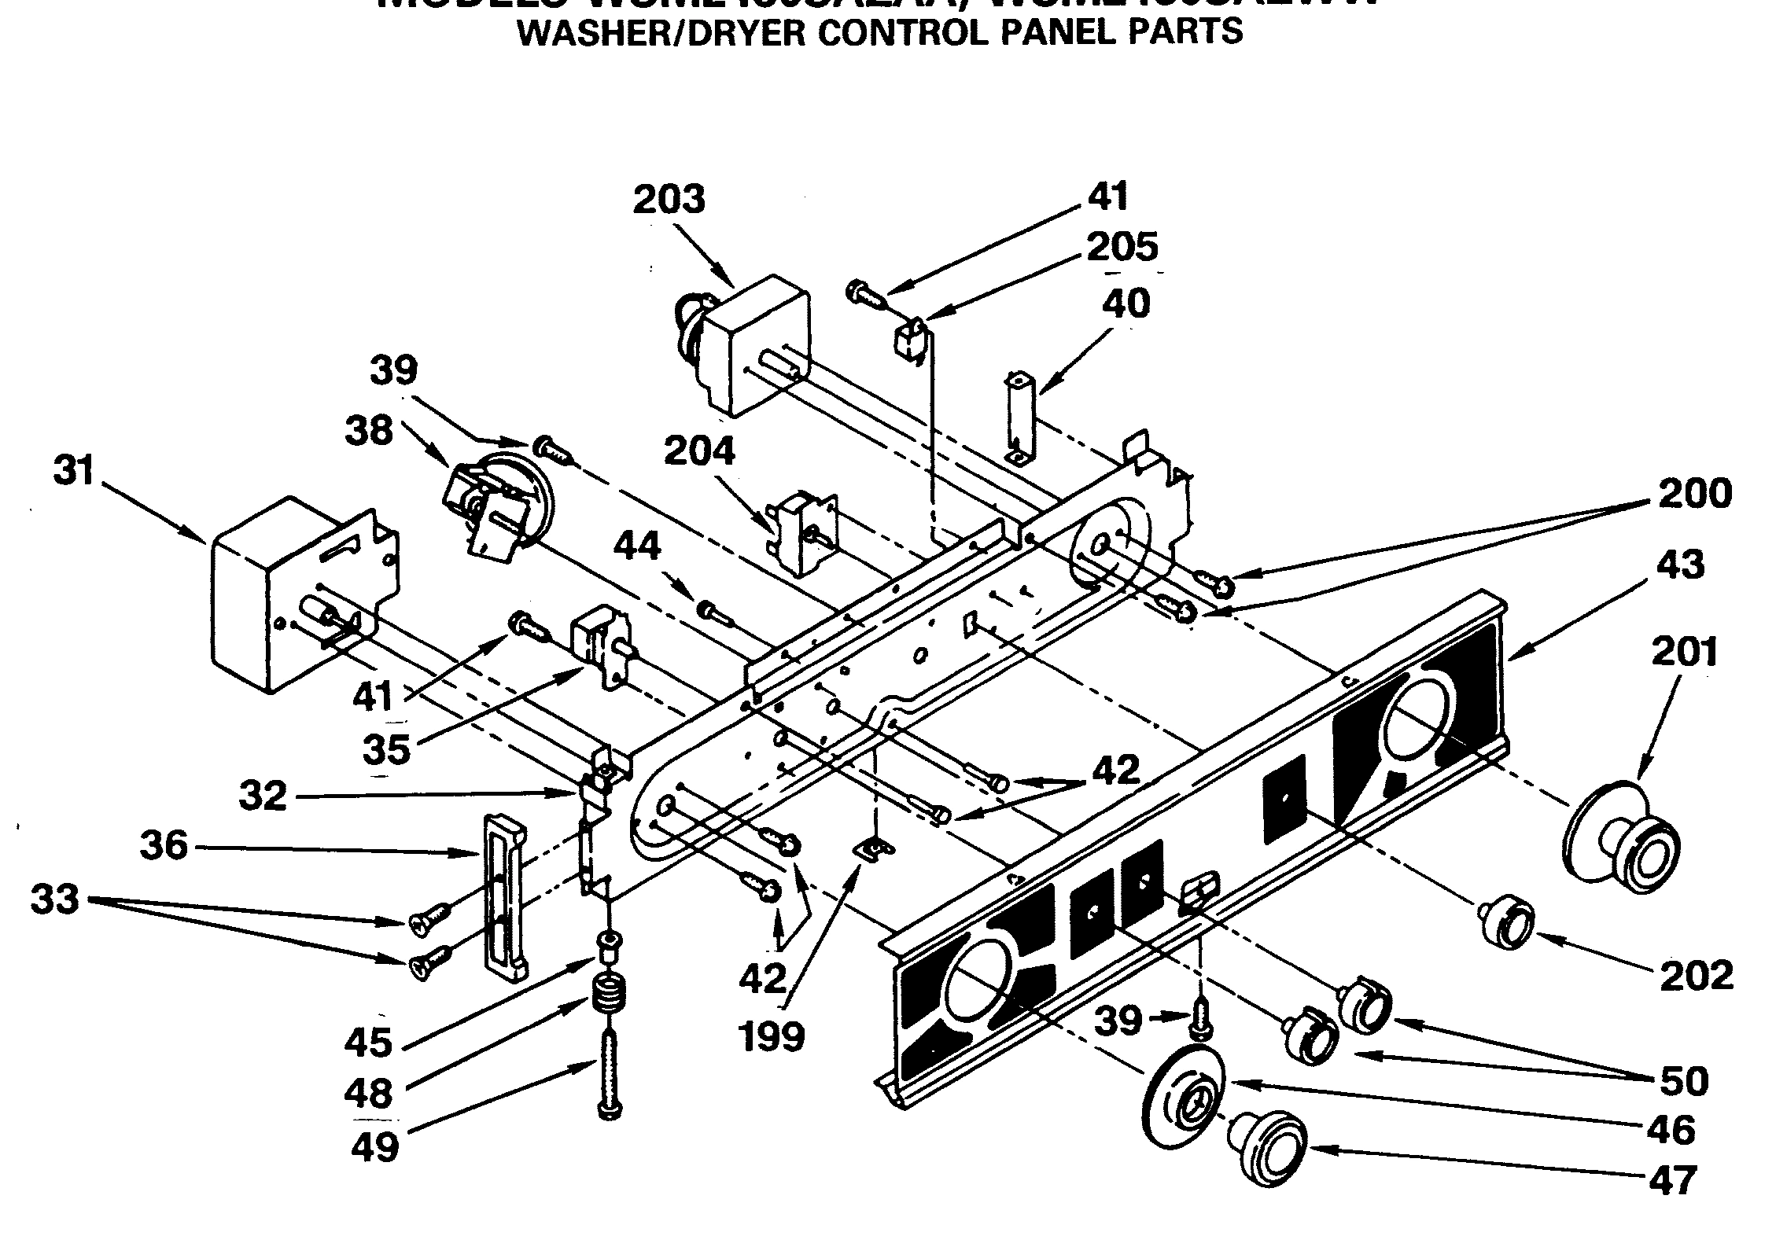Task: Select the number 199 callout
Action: click(772, 1037)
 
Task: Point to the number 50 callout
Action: click(1685, 1080)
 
